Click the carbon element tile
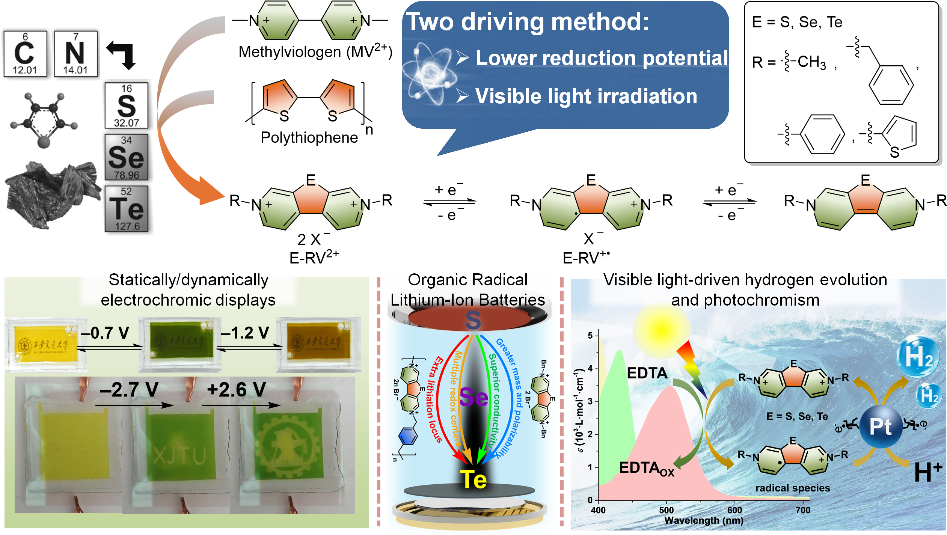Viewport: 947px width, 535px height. tap(25, 54)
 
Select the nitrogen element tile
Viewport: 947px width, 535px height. tap(75, 54)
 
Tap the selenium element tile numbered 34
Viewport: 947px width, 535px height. tap(127, 157)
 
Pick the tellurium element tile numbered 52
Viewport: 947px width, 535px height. tap(127, 209)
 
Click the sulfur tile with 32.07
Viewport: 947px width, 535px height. tap(127, 105)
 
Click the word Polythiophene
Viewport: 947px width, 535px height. tap(309, 137)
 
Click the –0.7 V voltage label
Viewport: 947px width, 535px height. tap(105, 333)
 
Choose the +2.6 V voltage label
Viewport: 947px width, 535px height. tap(237, 389)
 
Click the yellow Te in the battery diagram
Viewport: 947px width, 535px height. tap(473, 479)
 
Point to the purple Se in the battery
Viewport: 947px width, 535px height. tap(474, 397)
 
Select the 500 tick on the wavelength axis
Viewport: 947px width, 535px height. tap(667, 510)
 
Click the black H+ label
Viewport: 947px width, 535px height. tap(928, 472)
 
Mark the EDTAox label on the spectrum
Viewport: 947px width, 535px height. tap(646, 469)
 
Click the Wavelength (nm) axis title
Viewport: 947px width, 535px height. tap(704, 520)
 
